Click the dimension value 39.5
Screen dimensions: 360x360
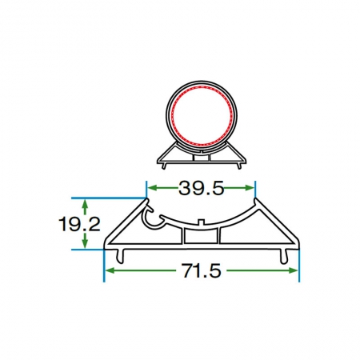201,188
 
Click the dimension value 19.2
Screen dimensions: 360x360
79,224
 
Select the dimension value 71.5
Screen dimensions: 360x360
202,270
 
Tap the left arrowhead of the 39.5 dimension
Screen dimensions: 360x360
152,188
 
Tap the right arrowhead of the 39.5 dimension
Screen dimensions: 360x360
250,188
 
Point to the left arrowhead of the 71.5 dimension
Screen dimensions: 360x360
110,270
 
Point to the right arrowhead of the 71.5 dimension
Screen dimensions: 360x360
293,270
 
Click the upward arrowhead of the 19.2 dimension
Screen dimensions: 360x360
85,204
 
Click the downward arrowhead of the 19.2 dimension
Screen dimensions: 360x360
85,243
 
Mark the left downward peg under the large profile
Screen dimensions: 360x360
121,256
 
